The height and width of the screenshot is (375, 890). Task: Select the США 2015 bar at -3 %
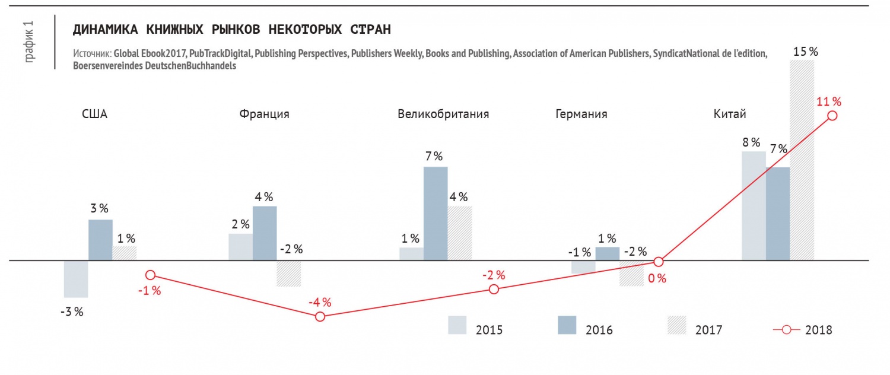tap(76, 279)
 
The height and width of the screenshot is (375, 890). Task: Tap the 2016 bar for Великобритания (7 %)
tap(436, 214)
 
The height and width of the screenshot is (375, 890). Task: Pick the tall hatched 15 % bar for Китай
tap(802, 160)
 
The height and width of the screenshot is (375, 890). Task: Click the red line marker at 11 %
tap(832, 116)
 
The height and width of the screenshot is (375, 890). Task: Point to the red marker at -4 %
tap(320, 317)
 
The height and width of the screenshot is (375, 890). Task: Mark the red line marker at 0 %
tap(659, 262)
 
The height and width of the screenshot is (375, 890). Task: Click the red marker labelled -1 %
tap(150, 275)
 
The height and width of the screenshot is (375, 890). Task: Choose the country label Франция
tap(264, 115)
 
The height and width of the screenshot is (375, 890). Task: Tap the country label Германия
tap(581, 115)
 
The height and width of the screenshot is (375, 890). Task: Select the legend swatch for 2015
tap(457, 325)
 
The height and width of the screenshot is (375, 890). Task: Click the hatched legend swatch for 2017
tap(676, 325)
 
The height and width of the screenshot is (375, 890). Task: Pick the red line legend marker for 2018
tap(786, 330)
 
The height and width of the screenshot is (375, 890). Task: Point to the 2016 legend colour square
tap(567, 325)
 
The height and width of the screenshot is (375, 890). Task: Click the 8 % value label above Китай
tap(751, 142)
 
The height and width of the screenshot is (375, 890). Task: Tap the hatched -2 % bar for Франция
tap(289, 274)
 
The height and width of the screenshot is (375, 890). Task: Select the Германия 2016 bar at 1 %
tap(607, 254)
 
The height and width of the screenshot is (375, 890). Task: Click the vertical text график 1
tap(29, 42)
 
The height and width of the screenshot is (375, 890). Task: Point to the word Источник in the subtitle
tap(93, 53)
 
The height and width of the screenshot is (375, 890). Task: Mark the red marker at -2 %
tap(494, 289)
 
